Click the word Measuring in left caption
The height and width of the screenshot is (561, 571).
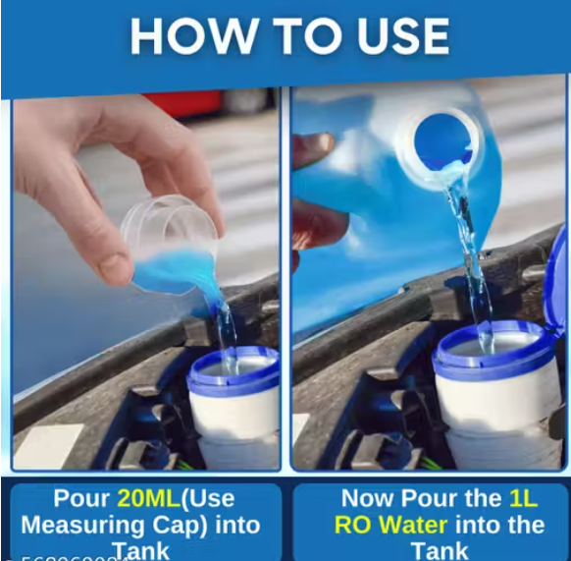[x=68, y=525]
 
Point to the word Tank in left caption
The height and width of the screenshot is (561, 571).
[x=140, y=550]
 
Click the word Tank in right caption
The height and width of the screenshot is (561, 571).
[x=440, y=550]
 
